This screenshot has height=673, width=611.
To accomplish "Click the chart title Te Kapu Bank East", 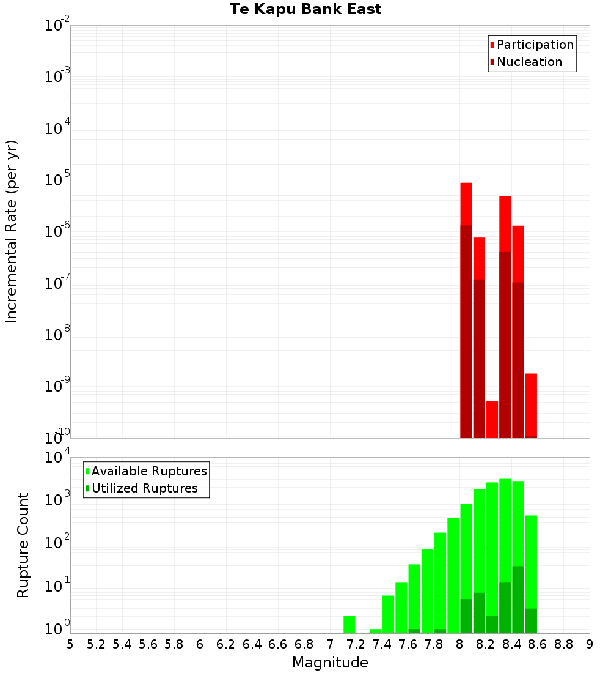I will (305, 10).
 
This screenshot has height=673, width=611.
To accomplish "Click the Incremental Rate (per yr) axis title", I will (12, 231).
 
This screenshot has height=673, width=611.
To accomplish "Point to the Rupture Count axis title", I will (23, 545).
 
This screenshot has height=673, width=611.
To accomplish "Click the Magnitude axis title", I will (330, 663).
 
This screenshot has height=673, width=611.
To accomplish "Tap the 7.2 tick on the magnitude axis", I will (356, 644).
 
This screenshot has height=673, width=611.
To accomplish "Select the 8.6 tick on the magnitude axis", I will (538, 644).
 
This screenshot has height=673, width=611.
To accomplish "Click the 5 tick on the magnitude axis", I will (70, 644).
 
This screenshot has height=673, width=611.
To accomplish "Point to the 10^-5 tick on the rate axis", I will (57, 180).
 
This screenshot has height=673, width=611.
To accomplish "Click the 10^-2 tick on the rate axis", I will (57, 26).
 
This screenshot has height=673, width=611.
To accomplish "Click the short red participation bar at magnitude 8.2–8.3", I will (492, 419).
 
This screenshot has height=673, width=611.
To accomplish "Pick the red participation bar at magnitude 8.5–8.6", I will (531, 404).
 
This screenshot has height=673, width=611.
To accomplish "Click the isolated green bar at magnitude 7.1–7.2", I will (349, 624).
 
